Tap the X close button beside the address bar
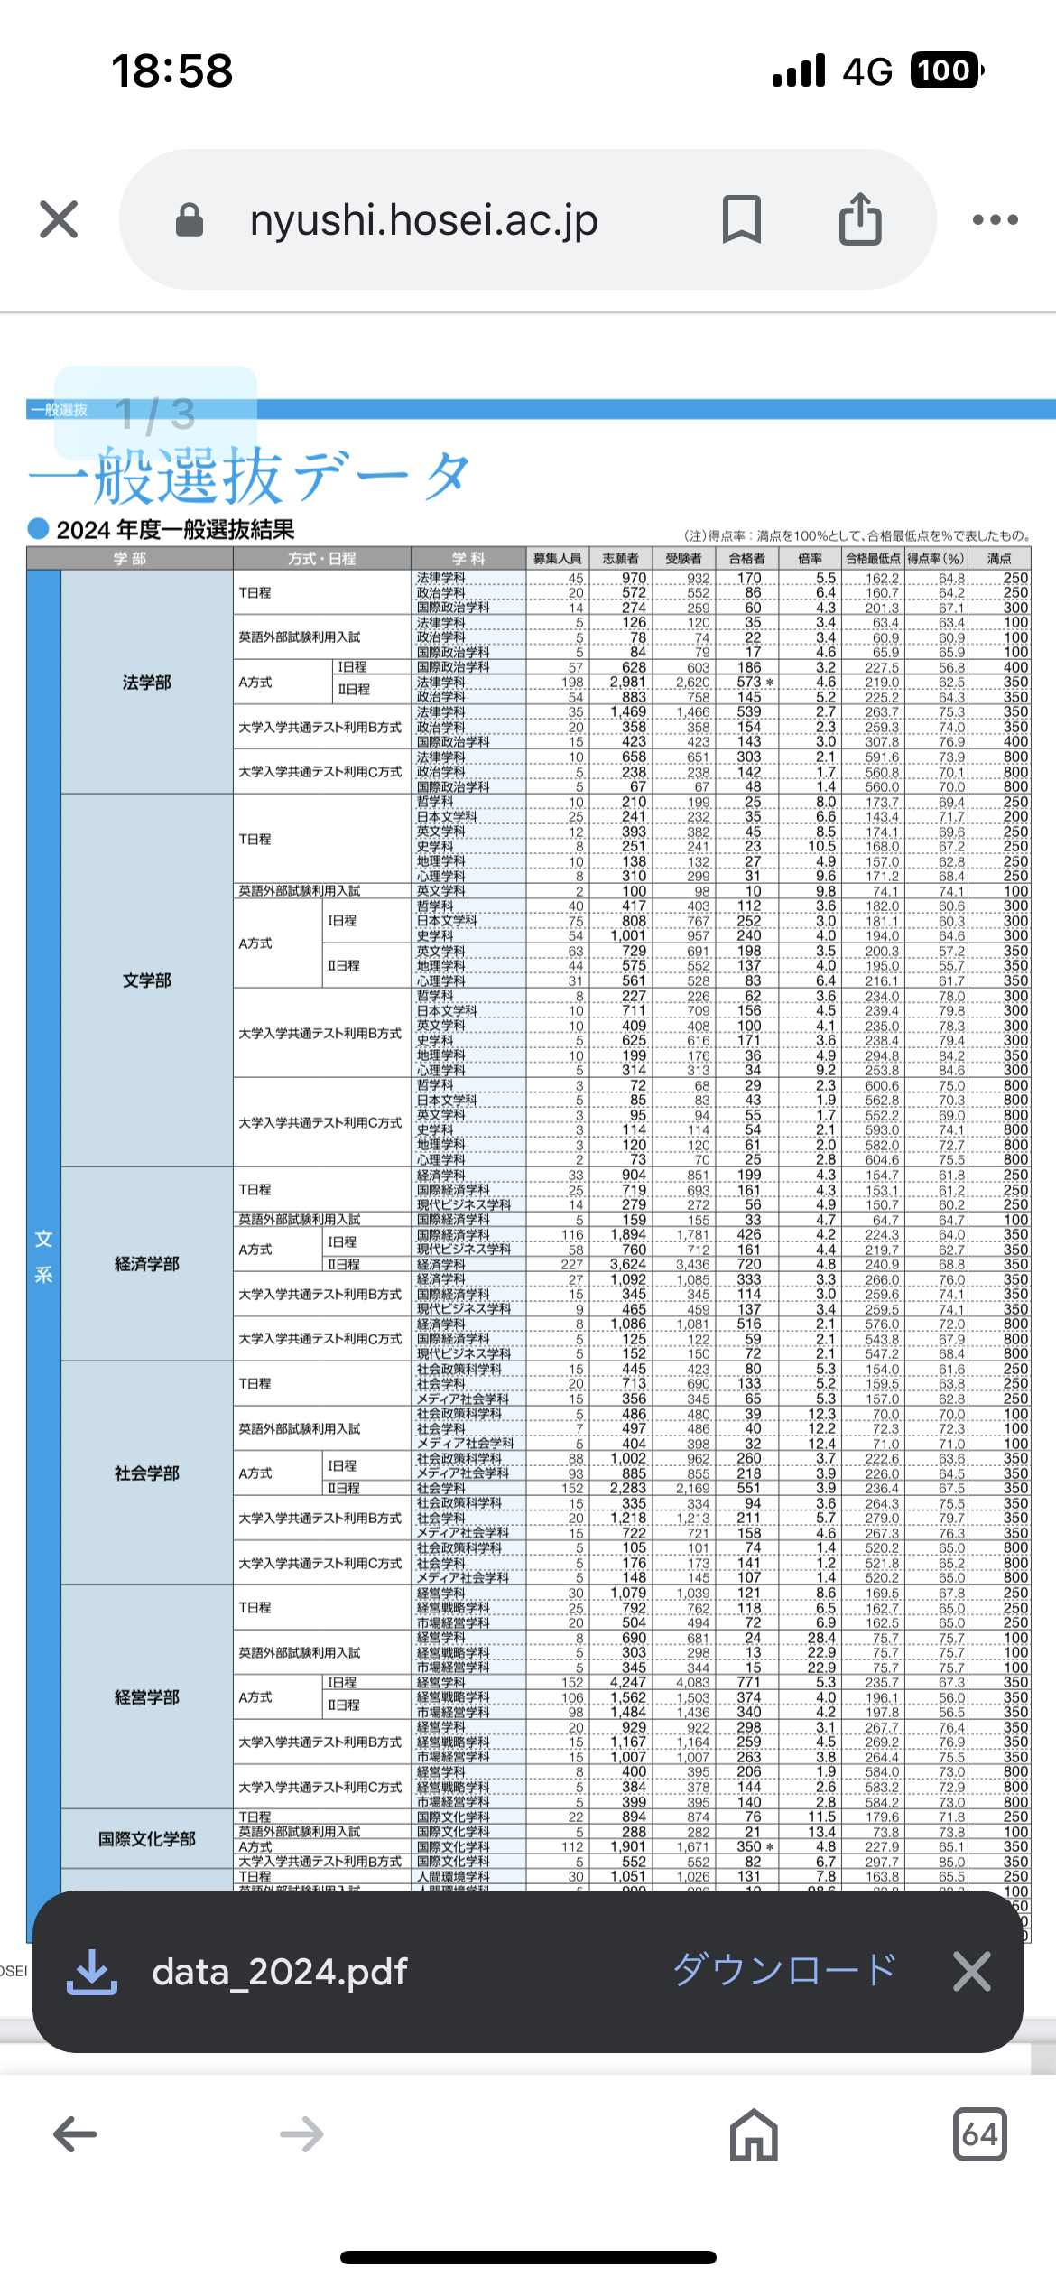[60, 219]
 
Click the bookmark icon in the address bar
[742, 219]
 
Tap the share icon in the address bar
[860, 219]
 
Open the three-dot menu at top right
[996, 219]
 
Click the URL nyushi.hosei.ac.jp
[423, 219]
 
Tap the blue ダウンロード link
[784, 1970]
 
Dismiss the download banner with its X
[972, 1970]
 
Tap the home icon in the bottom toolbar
[754, 2134]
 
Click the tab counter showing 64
[979, 2134]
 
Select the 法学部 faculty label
[147, 683]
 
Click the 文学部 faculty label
[147, 980]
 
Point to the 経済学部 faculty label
[147, 1264]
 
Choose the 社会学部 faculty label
[147, 1473]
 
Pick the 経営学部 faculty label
[147, 1697]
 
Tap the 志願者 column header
[621, 559]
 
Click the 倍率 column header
[811, 559]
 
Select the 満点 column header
[999, 559]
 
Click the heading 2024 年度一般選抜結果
[175, 530]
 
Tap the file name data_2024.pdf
[280, 1972]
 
